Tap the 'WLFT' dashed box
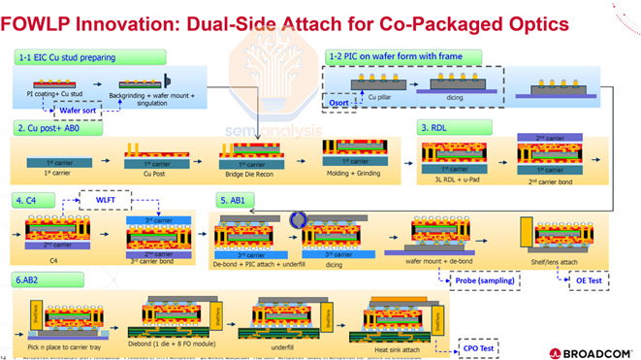point(109,201)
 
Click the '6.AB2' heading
point(33,278)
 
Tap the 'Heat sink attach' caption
point(398,345)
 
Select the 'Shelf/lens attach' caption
point(558,262)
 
